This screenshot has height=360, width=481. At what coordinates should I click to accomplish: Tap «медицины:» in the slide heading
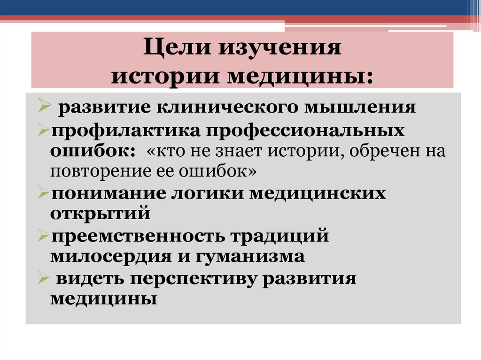[310, 75]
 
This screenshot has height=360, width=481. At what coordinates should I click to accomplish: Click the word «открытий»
[101, 214]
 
